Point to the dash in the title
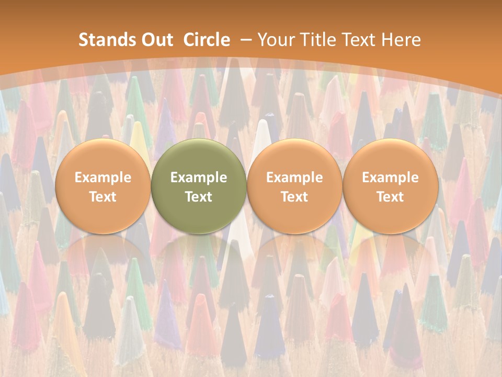point(246,40)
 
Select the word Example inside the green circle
point(199,178)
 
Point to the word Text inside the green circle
point(199,197)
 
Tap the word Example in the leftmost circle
point(102,178)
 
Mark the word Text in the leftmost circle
point(102,197)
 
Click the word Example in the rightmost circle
point(390,178)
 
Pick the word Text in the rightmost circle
point(390,197)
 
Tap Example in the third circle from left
point(294,178)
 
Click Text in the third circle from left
point(294,197)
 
